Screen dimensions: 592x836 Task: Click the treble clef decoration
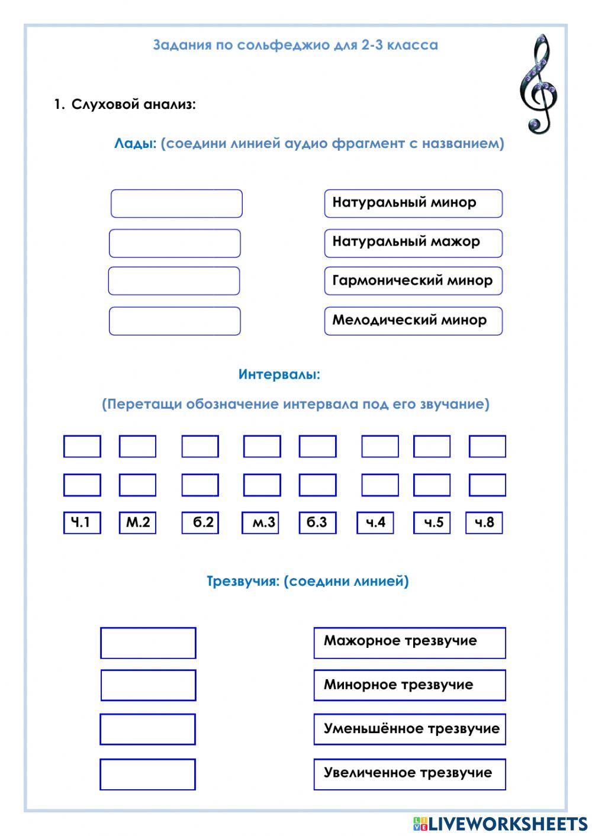538,84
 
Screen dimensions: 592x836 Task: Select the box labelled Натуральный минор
413,203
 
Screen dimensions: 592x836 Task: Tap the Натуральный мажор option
413,243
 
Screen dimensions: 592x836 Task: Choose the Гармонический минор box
413,281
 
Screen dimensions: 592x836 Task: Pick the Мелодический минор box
413,321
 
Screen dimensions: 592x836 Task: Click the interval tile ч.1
82,522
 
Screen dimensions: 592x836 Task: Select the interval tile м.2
137,522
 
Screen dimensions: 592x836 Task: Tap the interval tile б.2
200,522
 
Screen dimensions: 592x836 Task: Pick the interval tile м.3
260,522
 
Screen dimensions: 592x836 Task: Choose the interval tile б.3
317,522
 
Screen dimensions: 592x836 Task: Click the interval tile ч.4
375,522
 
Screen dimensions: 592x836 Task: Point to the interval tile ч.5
431,522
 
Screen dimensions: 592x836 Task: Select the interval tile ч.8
484,522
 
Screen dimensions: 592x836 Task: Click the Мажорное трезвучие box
410,643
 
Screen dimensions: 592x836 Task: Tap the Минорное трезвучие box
410,685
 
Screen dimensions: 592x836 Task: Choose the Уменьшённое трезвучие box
410,729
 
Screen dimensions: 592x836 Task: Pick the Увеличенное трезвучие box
410,773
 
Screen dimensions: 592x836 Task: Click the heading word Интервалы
279,375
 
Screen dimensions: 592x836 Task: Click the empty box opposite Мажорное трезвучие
148,643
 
